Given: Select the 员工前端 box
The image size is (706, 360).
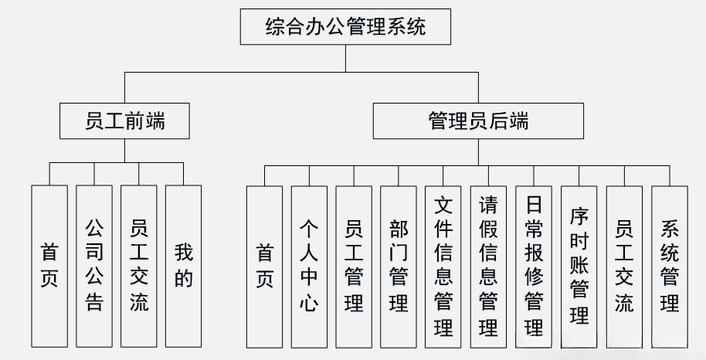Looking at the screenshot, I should pyautogui.click(x=124, y=121).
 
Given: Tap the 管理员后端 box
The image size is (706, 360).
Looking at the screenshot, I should pyautogui.click(x=478, y=121).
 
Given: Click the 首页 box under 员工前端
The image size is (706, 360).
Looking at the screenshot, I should pyautogui.click(x=49, y=265).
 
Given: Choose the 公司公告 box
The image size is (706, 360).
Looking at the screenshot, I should pyautogui.click(x=93, y=265).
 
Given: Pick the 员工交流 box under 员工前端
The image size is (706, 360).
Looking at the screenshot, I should pyautogui.click(x=139, y=265).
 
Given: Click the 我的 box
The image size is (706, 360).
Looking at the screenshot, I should pyautogui.click(x=183, y=265).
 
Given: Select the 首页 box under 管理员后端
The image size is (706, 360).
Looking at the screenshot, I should pyautogui.click(x=264, y=265).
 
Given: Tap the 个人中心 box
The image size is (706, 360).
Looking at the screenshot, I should pyautogui.click(x=309, y=265).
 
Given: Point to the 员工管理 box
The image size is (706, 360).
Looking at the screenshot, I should pyautogui.click(x=354, y=265).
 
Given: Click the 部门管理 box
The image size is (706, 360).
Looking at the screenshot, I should pyautogui.click(x=399, y=265).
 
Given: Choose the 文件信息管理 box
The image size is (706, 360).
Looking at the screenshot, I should pyautogui.click(x=443, y=265).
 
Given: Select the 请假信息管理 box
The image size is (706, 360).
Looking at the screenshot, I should pyautogui.click(x=488, y=265).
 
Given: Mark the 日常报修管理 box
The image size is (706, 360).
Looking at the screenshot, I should pyautogui.click(x=533, y=265).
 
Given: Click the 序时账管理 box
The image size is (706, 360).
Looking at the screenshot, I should pyautogui.click(x=579, y=265).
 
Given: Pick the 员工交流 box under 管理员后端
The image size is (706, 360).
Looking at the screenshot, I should pyautogui.click(x=623, y=265).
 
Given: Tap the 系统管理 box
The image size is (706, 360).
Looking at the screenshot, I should pyautogui.click(x=669, y=265).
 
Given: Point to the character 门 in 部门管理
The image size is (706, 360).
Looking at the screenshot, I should pyautogui.click(x=399, y=252).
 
